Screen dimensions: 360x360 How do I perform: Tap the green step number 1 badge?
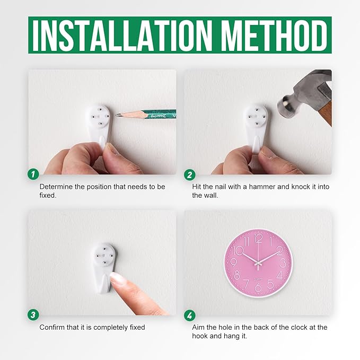click(33, 174)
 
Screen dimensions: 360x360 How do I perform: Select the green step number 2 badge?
click(190, 175)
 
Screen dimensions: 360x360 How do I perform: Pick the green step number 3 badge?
click(33, 314)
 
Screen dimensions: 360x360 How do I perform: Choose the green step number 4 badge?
click(190, 315)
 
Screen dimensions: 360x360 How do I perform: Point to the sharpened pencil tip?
click(116, 115)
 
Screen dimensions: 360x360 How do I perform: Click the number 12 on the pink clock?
click(259, 239)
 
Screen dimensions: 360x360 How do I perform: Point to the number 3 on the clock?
click(283, 263)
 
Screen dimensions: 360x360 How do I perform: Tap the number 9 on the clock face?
click(233, 262)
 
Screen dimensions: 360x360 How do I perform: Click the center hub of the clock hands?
click(258, 262)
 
